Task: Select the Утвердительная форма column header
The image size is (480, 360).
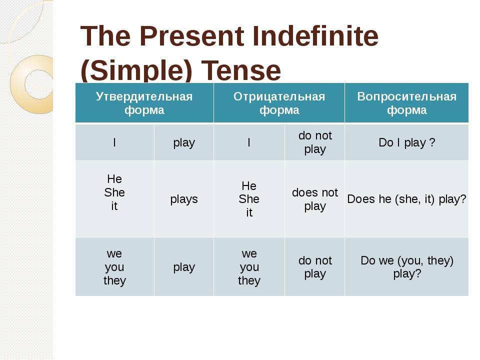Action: coord(144,103)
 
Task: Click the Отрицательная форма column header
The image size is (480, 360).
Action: coord(279,103)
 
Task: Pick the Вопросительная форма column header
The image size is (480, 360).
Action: coord(406,103)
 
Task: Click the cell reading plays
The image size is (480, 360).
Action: coord(184,199)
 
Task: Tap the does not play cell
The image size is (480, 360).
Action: coord(315,199)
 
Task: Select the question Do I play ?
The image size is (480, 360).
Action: coord(406,142)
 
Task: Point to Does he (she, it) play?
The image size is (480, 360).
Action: coord(406,199)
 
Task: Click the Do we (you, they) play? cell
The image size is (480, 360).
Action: coord(407,267)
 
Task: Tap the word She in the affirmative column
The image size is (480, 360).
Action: coord(114,192)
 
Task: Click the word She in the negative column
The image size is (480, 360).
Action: coord(249,199)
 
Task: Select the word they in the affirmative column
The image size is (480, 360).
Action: coord(114,280)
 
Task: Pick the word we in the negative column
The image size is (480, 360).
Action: coord(249,254)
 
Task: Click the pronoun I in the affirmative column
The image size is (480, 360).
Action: coord(114,142)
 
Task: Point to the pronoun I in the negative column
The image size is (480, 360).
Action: coord(249,142)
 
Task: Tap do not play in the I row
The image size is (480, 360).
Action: coord(315,142)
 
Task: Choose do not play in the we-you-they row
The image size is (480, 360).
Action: coord(315,267)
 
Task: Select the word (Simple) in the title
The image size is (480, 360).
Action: coord(136,70)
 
